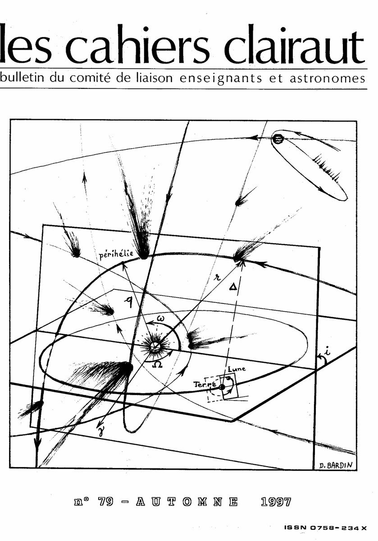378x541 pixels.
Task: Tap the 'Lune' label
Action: (x=237, y=369)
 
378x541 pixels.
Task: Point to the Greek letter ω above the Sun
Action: (x=161, y=319)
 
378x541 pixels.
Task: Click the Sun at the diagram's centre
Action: (x=154, y=347)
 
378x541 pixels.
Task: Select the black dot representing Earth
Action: (x=222, y=387)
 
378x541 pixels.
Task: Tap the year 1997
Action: (x=276, y=502)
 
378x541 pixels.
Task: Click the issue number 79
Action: (x=106, y=502)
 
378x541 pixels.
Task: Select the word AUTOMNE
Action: (x=187, y=502)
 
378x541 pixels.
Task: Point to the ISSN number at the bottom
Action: (x=326, y=528)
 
